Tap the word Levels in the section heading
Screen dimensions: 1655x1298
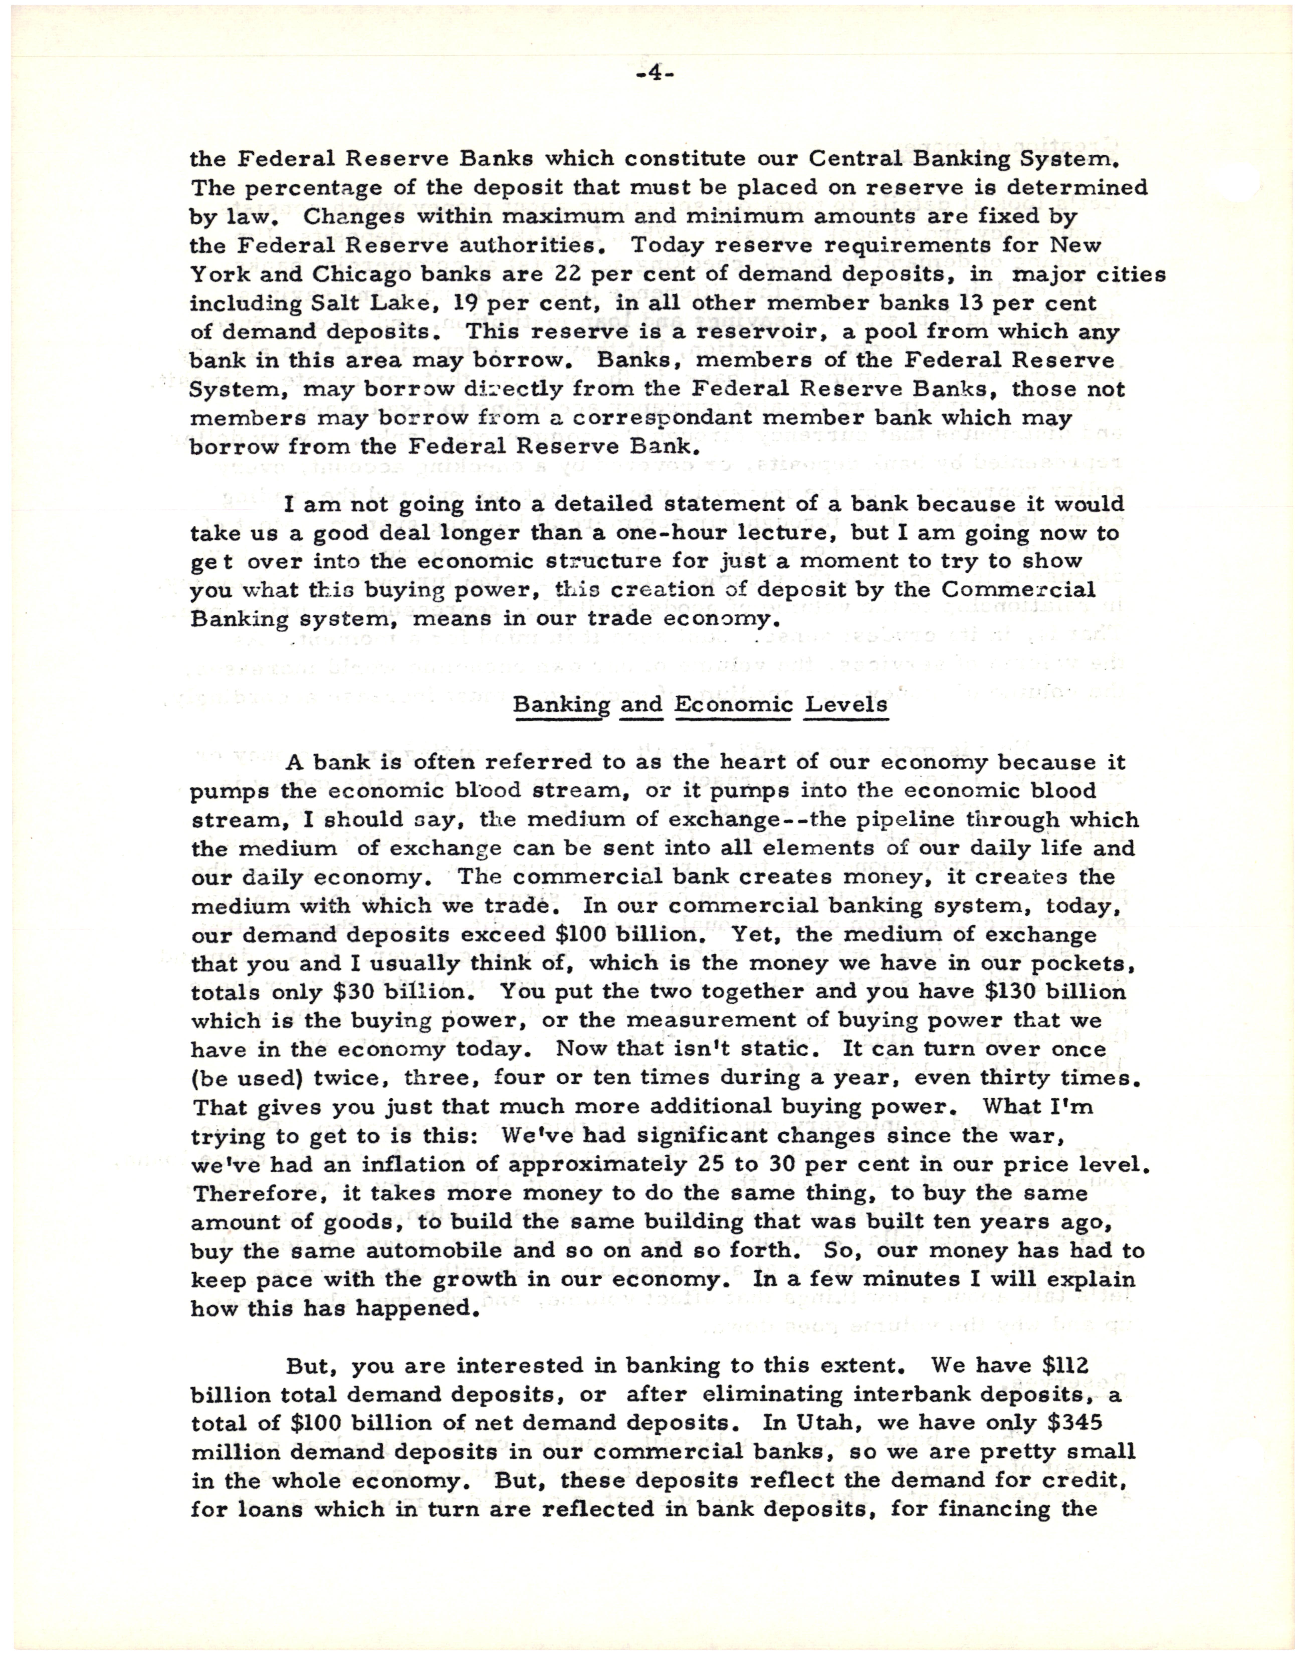tap(846, 705)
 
